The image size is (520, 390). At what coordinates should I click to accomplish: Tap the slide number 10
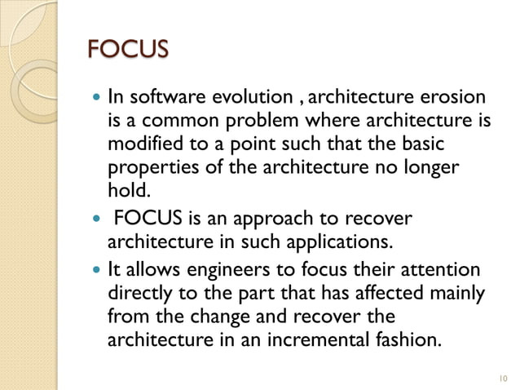tap(500, 378)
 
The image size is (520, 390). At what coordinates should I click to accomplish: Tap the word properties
tap(145, 168)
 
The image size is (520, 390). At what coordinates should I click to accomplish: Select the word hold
tap(125, 190)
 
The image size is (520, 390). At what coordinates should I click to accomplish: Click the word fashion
tap(403, 339)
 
